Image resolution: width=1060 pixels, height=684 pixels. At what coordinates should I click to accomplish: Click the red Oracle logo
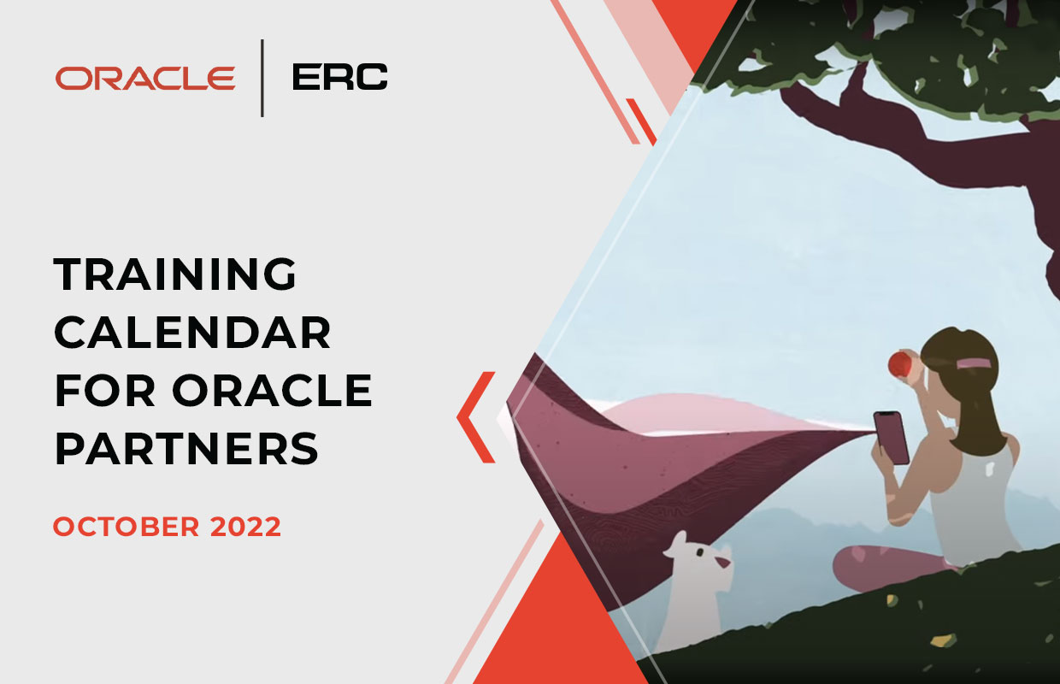145,78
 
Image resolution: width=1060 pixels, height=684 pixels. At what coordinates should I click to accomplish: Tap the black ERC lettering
339,77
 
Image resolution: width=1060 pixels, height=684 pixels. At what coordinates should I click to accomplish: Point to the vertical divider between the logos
262,78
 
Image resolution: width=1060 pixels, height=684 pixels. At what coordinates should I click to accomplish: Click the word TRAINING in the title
175,274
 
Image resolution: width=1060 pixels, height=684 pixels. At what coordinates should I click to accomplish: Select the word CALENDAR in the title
192,333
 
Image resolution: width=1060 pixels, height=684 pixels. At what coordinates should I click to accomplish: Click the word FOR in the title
104,390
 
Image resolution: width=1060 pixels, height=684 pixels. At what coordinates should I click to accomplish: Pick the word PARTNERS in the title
187,448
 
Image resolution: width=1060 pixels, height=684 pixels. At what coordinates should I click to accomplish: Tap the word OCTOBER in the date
127,527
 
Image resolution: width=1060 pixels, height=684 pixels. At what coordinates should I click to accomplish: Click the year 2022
245,527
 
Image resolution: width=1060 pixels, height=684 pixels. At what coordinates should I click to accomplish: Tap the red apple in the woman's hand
900,364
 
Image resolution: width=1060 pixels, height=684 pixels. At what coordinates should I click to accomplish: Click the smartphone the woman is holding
891,438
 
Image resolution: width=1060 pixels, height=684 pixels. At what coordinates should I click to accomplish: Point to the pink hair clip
974,363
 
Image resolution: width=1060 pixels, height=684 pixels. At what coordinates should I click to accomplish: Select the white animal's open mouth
722,562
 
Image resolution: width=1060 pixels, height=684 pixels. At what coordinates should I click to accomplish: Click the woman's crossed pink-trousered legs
890,568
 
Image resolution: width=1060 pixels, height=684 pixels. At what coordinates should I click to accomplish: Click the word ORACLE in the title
272,390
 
